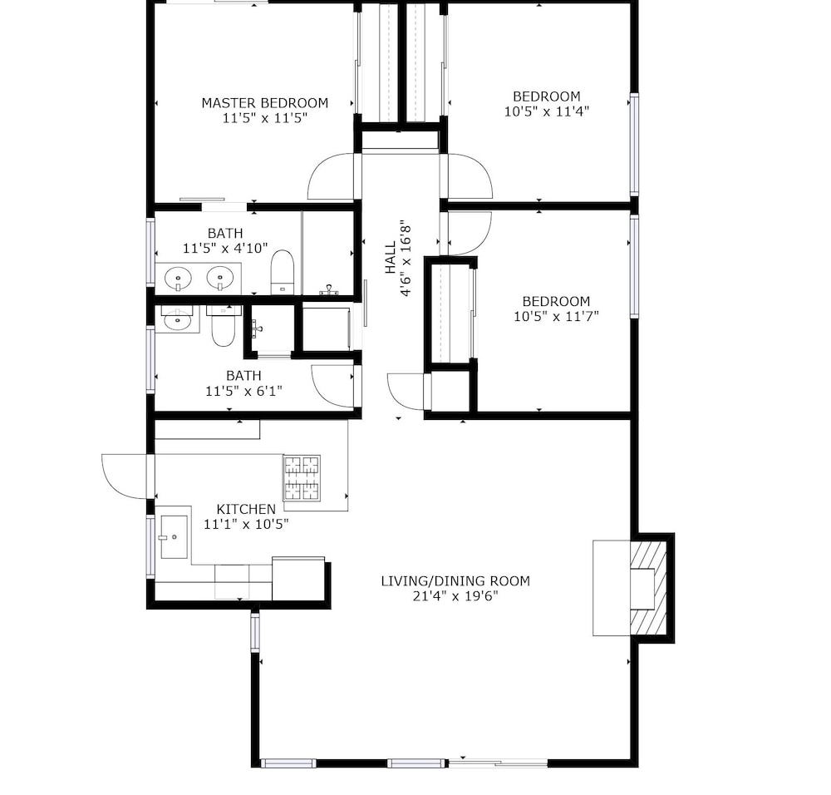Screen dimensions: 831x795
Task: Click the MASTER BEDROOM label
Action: [264, 103]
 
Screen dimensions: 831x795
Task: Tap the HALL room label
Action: [391, 258]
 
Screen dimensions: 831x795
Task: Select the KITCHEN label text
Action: [246, 510]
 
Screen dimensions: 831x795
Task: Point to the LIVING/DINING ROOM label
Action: [455, 581]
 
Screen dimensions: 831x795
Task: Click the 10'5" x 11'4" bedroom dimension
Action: [547, 111]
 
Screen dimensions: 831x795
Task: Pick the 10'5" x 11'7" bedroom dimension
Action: [556, 317]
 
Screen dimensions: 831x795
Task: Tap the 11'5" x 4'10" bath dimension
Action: [225, 248]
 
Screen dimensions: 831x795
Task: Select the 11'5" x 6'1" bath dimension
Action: [243, 392]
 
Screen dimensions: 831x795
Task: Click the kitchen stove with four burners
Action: [302, 478]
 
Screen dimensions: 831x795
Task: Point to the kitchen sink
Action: [174, 536]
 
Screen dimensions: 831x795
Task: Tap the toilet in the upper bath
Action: [283, 272]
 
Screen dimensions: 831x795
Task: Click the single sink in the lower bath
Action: [178, 320]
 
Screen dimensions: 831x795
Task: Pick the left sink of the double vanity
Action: [178, 279]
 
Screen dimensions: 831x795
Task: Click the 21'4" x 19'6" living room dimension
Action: [455, 596]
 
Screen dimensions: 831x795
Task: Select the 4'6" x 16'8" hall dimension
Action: [406, 258]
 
